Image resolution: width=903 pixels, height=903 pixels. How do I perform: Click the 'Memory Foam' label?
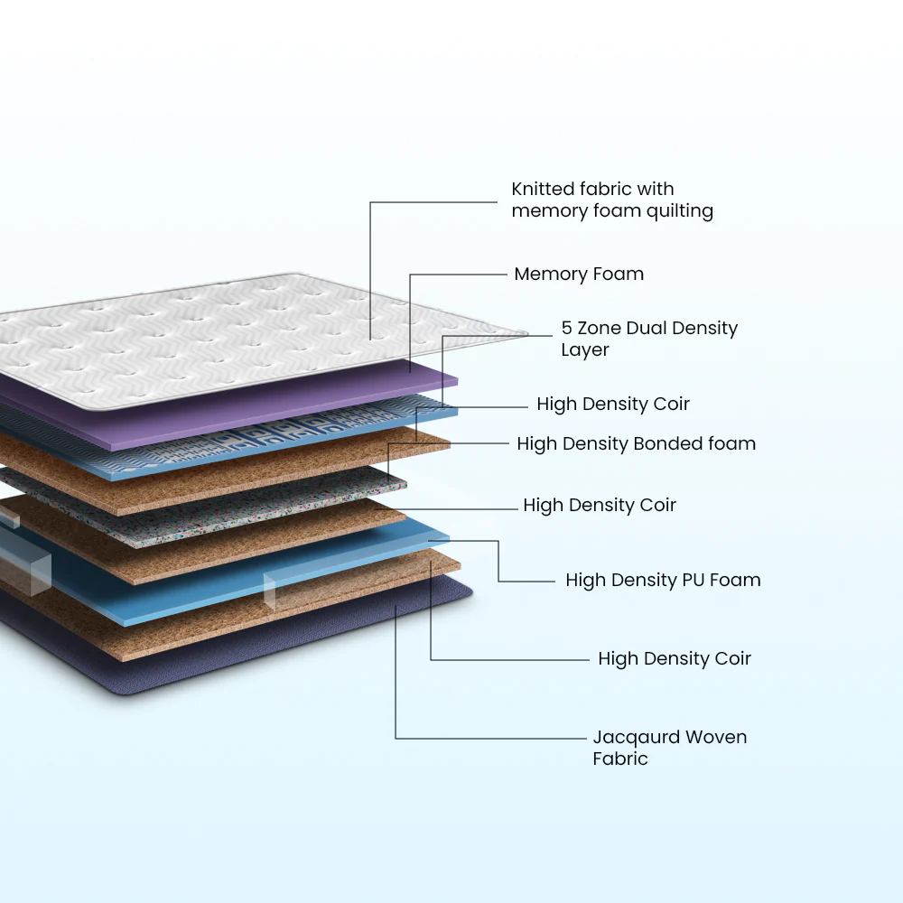(579, 275)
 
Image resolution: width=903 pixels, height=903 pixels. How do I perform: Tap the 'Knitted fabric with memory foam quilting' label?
(612, 200)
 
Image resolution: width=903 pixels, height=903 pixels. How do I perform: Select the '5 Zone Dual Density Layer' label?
(649, 339)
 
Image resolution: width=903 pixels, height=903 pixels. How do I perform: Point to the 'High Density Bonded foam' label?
(637, 444)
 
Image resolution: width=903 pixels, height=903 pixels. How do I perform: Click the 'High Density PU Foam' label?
(663, 580)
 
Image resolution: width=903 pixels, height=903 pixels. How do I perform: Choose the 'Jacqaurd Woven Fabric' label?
(670, 748)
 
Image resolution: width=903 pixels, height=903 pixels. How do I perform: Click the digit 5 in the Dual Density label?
(567, 329)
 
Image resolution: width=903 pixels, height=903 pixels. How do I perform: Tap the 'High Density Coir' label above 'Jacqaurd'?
(675, 659)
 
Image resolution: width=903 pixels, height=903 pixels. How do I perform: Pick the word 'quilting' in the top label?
(680, 211)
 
